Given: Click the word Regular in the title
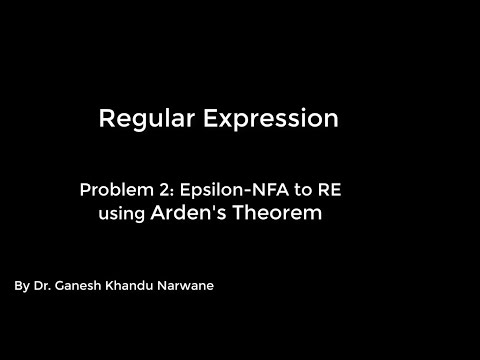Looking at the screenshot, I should pos(141,120).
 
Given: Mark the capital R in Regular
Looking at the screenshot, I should pos(107,120).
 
